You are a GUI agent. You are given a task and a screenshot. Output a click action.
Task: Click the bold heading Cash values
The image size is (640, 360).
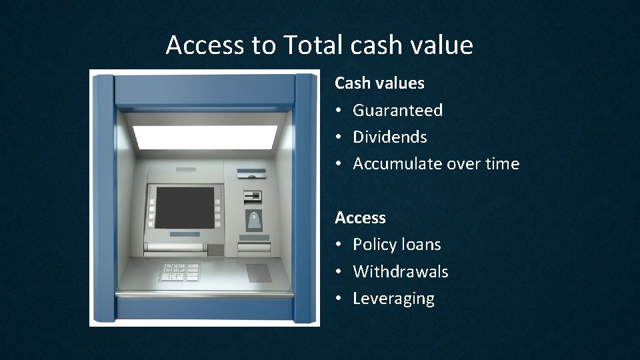379,83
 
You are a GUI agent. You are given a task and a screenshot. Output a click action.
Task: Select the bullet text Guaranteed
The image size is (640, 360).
397,110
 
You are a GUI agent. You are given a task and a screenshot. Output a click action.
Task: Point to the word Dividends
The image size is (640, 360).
389,137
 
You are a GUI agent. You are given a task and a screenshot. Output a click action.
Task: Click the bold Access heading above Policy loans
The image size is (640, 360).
360,218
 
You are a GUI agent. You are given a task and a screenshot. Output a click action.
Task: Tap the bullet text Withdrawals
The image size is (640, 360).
400,272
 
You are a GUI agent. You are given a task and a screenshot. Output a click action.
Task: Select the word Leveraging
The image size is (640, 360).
393,299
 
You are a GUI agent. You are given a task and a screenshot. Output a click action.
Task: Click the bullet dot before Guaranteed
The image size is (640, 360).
339,110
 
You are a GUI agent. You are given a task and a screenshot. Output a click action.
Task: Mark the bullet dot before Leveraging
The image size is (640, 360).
339,299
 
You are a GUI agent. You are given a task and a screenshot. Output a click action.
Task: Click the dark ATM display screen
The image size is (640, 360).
185,207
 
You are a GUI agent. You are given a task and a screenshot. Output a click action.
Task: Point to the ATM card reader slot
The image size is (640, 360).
253,197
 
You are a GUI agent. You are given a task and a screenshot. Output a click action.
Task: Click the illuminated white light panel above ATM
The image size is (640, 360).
205,137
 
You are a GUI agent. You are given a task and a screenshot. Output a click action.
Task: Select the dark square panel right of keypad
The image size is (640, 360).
258,273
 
